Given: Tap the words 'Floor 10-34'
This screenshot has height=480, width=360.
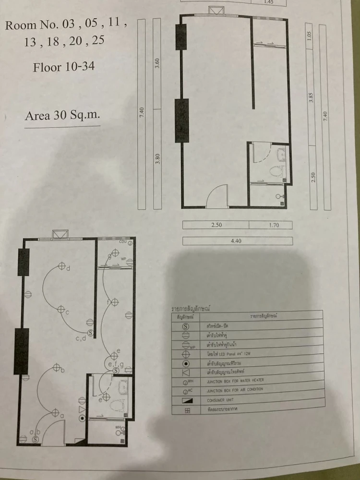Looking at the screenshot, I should [x=60, y=66].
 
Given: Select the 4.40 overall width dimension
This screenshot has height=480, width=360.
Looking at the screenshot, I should [x=237, y=241].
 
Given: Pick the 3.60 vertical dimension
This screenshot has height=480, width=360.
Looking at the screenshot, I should [x=157, y=64].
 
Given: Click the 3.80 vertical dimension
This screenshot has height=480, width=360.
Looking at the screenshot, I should [x=157, y=158].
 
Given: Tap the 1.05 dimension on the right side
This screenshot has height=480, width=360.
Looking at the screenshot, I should [x=310, y=36].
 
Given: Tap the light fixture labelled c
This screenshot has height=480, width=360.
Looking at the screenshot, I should [x=61, y=310].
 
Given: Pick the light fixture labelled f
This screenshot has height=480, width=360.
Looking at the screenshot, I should [x=115, y=302].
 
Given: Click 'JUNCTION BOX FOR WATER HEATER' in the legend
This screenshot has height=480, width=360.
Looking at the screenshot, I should [x=235, y=380].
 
